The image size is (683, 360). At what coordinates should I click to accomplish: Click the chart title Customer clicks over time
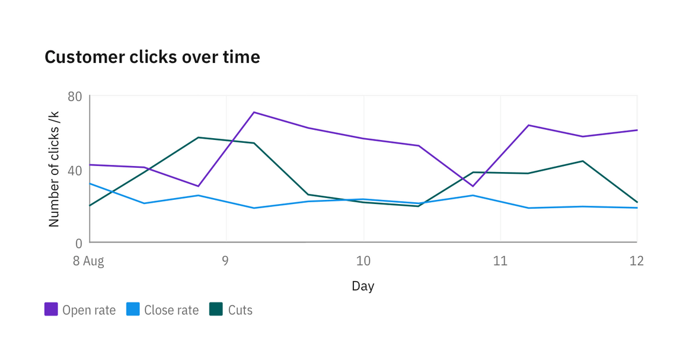[152, 58]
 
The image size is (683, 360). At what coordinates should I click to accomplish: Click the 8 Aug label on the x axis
[88, 261]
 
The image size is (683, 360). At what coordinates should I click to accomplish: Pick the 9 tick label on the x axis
[225, 261]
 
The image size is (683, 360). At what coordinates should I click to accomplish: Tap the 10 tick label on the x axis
[363, 261]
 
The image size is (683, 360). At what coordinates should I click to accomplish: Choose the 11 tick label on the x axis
[500, 261]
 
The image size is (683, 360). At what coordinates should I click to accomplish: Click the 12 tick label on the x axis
[636, 261]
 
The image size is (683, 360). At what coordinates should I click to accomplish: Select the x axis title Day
[363, 286]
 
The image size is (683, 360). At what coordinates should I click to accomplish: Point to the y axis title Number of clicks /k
[54, 168]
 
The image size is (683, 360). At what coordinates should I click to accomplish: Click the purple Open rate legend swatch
[51, 310]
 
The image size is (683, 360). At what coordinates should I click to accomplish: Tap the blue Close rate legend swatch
[133, 310]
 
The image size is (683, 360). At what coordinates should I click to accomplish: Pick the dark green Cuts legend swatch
[216, 310]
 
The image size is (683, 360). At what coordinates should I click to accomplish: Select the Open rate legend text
[89, 310]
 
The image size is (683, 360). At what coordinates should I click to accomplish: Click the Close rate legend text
[171, 310]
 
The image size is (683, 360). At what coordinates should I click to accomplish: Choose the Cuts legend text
[240, 310]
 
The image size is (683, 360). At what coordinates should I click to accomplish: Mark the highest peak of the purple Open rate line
[254, 112]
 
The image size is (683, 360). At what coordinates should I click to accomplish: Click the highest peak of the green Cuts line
[199, 138]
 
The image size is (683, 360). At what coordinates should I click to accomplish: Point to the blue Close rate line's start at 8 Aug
[90, 183]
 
